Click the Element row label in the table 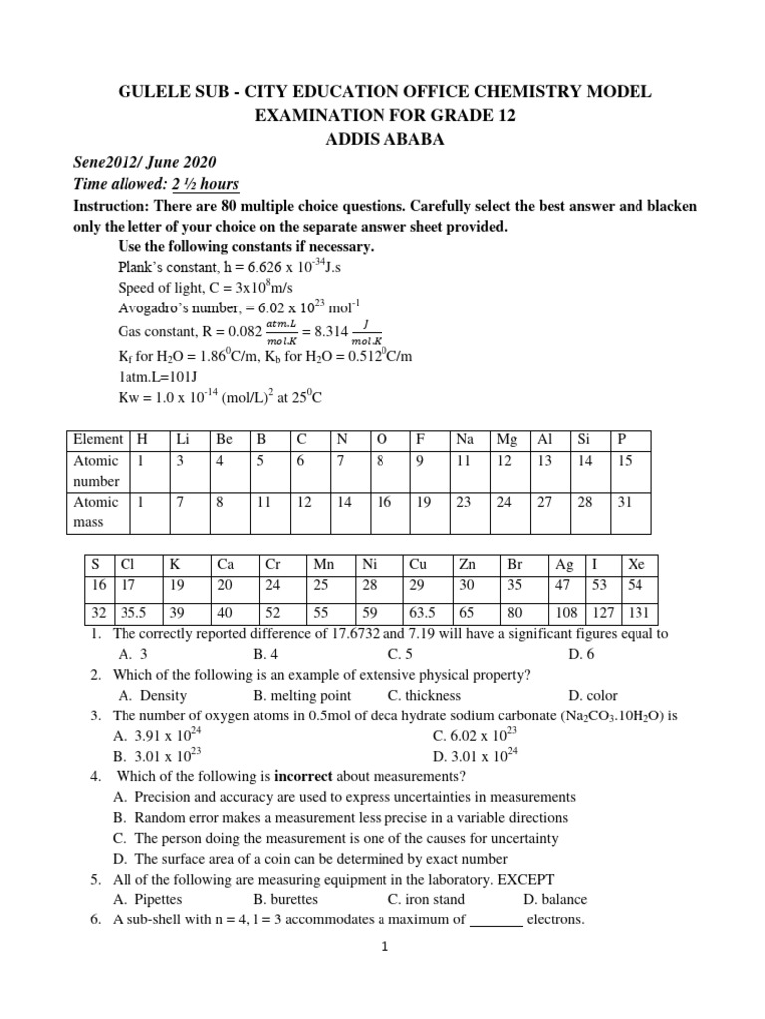pyautogui.click(x=98, y=439)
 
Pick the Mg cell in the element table pyautogui.click(x=504, y=439)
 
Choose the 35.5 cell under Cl pyautogui.click(x=134, y=613)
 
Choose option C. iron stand pyautogui.click(x=432, y=899)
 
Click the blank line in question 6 pyautogui.click(x=496, y=920)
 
